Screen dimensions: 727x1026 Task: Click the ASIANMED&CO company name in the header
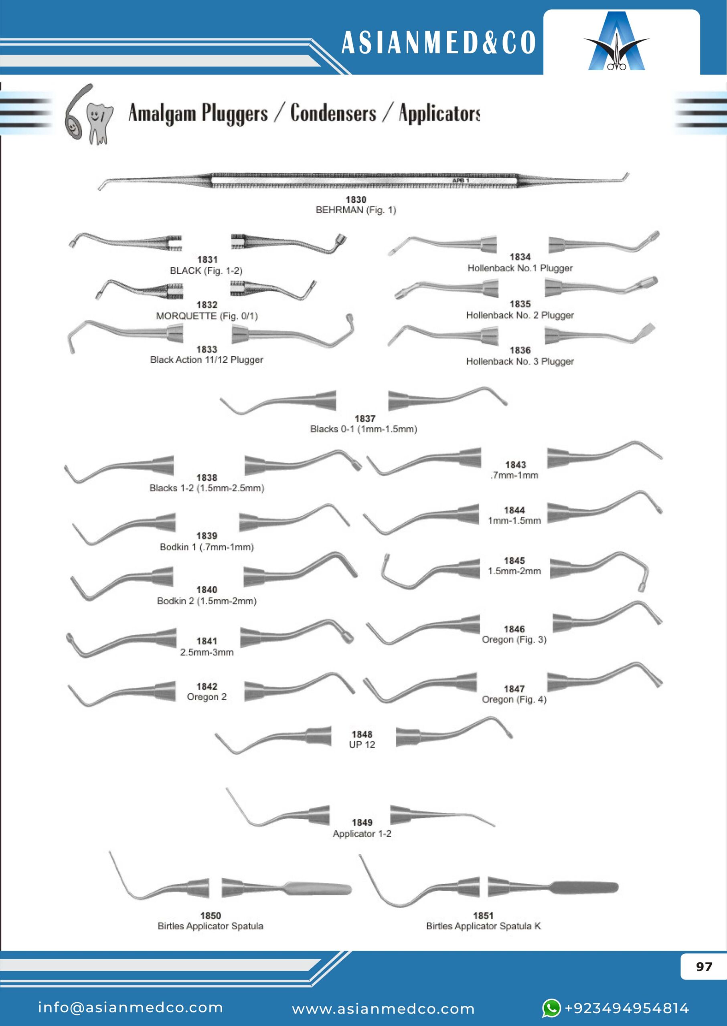click(x=438, y=43)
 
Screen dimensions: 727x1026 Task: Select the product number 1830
click(x=356, y=200)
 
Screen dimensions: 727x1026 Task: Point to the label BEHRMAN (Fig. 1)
click(x=356, y=210)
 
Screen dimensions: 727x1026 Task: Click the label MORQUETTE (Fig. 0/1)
click(x=207, y=316)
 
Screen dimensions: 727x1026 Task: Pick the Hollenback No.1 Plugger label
click(x=520, y=268)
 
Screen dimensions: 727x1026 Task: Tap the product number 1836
click(x=520, y=350)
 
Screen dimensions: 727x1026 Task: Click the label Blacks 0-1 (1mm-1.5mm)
click(x=363, y=429)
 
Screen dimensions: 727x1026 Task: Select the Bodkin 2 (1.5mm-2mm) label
click(x=207, y=601)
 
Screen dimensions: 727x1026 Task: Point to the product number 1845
click(x=514, y=561)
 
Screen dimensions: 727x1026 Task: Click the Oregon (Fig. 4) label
click(x=514, y=699)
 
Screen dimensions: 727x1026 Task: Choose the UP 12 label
click(x=362, y=745)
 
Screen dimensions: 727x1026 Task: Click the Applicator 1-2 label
click(x=362, y=834)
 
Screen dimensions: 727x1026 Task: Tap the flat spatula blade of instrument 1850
click(x=318, y=889)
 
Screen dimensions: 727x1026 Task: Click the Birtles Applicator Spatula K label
click(x=483, y=926)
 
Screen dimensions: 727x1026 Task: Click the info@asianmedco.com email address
click(x=130, y=1008)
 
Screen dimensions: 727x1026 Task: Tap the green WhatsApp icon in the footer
click(x=551, y=1008)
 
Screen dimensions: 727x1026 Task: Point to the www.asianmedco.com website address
click(x=383, y=1009)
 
